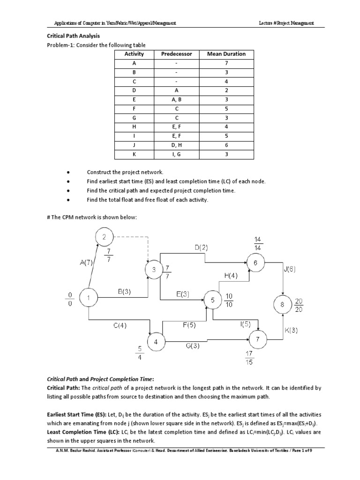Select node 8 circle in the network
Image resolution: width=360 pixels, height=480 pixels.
coord(282,305)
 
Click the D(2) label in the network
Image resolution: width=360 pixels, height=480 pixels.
coord(202,247)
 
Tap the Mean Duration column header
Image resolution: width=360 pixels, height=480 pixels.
coord(226,54)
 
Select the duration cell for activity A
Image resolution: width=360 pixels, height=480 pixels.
coord(226,63)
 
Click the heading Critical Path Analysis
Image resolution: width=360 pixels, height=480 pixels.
coord(73,36)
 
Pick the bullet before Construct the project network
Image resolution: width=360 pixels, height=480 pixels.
coord(69,172)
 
